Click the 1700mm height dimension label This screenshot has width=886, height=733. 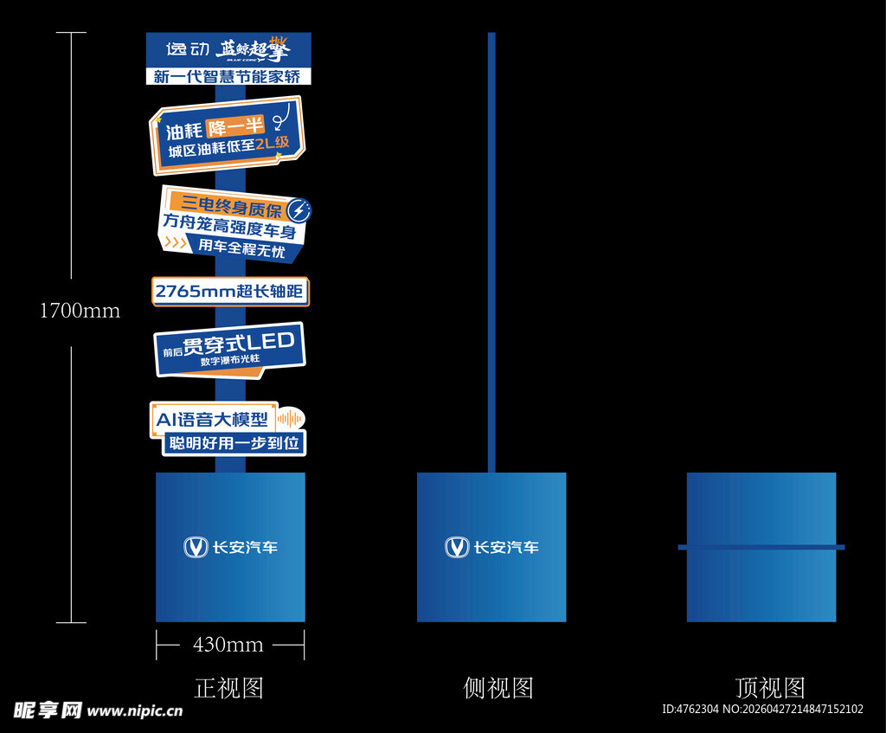pyautogui.click(x=80, y=311)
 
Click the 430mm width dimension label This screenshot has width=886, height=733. pyautogui.click(x=228, y=645)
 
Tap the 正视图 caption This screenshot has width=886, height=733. pyautogui.click(x=228, y=688)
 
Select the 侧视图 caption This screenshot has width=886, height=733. pyautogui.click(x=498, y=688)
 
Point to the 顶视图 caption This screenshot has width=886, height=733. pyautogui.click(x=770, y=688)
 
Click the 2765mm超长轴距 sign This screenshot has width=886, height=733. pyautogui.click(x=230, y=292)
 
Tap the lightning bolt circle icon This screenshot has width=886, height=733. pyautogui.click(x=299, y=210)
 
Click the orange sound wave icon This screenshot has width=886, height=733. pyautogui.click(x=289, y=419)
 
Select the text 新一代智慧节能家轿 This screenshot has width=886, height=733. pyautogui.click(x=228, y=76)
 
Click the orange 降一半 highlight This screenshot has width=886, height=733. pyautogui.click(x=235, y=126)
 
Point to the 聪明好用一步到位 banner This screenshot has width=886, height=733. pyautogui.click(x=234, y=443)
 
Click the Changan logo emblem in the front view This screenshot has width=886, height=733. pyautogui.click(x=196, y=547)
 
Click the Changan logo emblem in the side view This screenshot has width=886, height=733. pyautogui.click(x=457, y=547)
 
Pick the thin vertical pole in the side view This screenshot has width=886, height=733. pyautogui.click(x=491, y=253)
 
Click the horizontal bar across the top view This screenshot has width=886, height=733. pyautogui.click(x=761, y=547)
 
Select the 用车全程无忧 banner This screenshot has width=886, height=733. pyautogui.click(x=241, y=248)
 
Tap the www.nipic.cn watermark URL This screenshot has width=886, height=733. pyautogui.click(x=135, y=711)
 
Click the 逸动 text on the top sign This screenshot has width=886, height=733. pyautogui.click(x=188, y=49)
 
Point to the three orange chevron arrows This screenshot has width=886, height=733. pyautogui.click(x=176, y=243)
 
